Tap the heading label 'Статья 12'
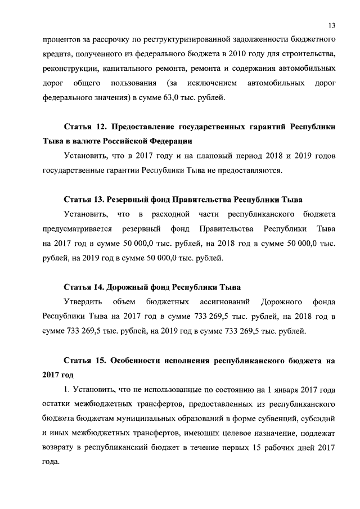(83, 127)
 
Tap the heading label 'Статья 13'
(83, 200)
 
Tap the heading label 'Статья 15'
(83, 359)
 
